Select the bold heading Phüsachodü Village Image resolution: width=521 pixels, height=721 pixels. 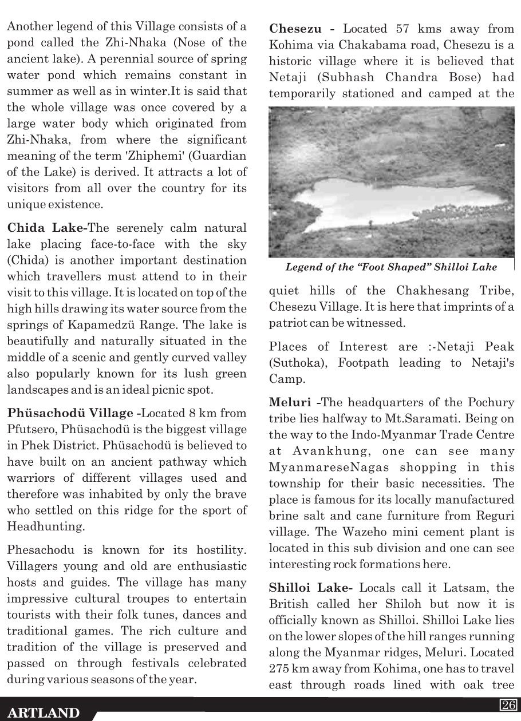pyautogui.click(x=71, y=413)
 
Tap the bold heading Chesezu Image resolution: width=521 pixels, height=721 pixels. pyautogui.click(x=295, y=29)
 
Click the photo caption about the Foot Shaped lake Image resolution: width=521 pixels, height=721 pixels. pyautogui.click(x=391, y=267)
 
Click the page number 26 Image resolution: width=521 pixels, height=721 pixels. pyautogui.click(x=507, y=705)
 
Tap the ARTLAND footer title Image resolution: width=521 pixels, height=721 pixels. pyautogui.click(x=44, y=713)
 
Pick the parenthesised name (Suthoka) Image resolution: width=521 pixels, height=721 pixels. pyautogui.click(x=294, y=363)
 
